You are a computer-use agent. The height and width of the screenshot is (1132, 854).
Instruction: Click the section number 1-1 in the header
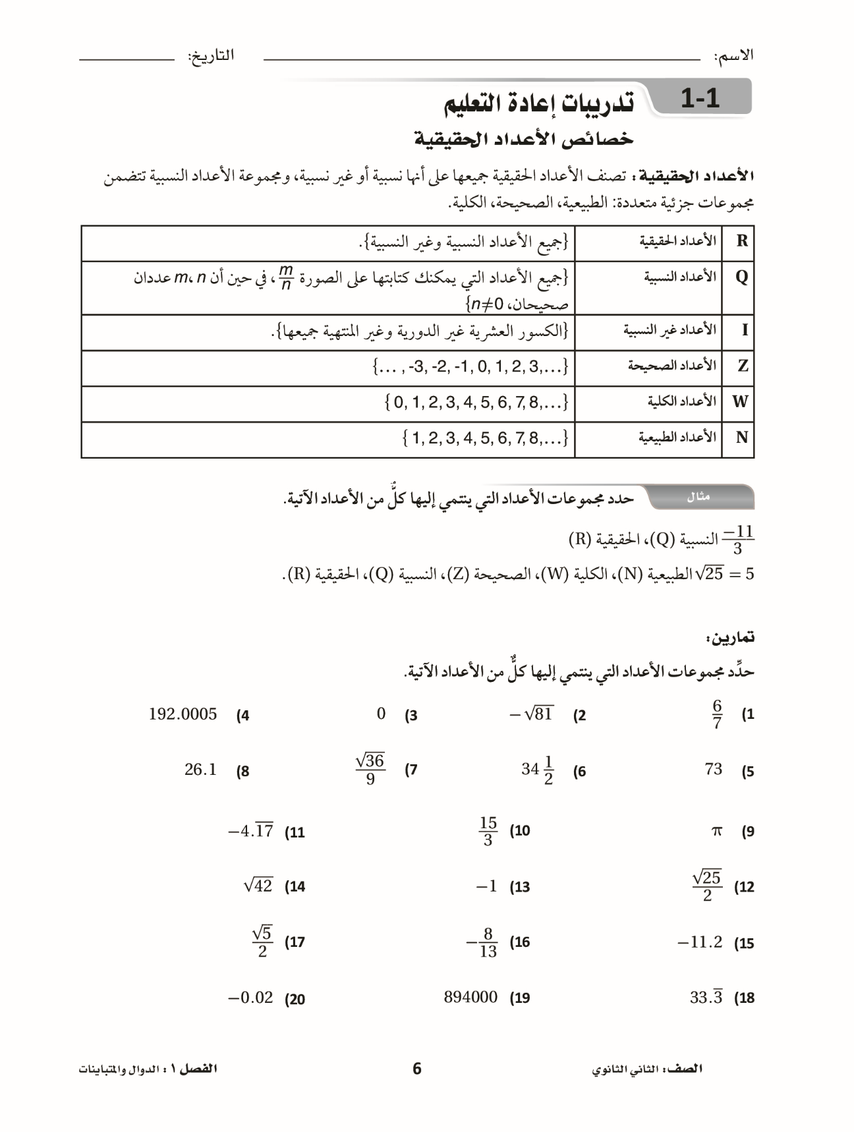(700, 99)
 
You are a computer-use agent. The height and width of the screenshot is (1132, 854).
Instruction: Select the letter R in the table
(742, 241)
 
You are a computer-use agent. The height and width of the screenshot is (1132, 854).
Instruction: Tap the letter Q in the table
(742, 277)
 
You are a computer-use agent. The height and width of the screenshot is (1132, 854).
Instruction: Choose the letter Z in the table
(743, 366)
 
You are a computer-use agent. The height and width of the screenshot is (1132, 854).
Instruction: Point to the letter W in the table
(741, 401)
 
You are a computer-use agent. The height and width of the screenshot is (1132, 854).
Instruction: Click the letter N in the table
(742, 438)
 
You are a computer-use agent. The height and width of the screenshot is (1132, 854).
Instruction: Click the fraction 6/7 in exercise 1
(717, 714)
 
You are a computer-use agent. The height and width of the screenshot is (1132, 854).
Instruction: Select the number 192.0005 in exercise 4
(183, 714)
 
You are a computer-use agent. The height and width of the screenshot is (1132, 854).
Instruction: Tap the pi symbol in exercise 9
(717, 832)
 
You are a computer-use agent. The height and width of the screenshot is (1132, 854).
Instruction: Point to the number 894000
(470, 997)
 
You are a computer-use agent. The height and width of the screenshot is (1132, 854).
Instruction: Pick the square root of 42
(258, 886)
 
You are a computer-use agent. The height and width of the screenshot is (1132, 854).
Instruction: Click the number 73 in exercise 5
(713, 769)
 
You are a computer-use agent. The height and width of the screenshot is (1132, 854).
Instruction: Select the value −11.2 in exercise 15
(700, 942)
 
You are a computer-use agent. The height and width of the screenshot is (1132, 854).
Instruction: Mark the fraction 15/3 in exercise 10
(488, 832)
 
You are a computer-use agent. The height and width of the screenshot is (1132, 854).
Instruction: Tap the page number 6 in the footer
(416, 1069)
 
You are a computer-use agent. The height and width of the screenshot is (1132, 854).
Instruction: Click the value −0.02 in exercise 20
(250, 998)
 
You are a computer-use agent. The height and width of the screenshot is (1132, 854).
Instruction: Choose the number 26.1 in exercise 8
(200, 770)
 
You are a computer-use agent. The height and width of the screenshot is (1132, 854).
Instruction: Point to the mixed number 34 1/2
(538, 770)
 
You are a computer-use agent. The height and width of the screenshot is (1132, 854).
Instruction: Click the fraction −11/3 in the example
(737, 540)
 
